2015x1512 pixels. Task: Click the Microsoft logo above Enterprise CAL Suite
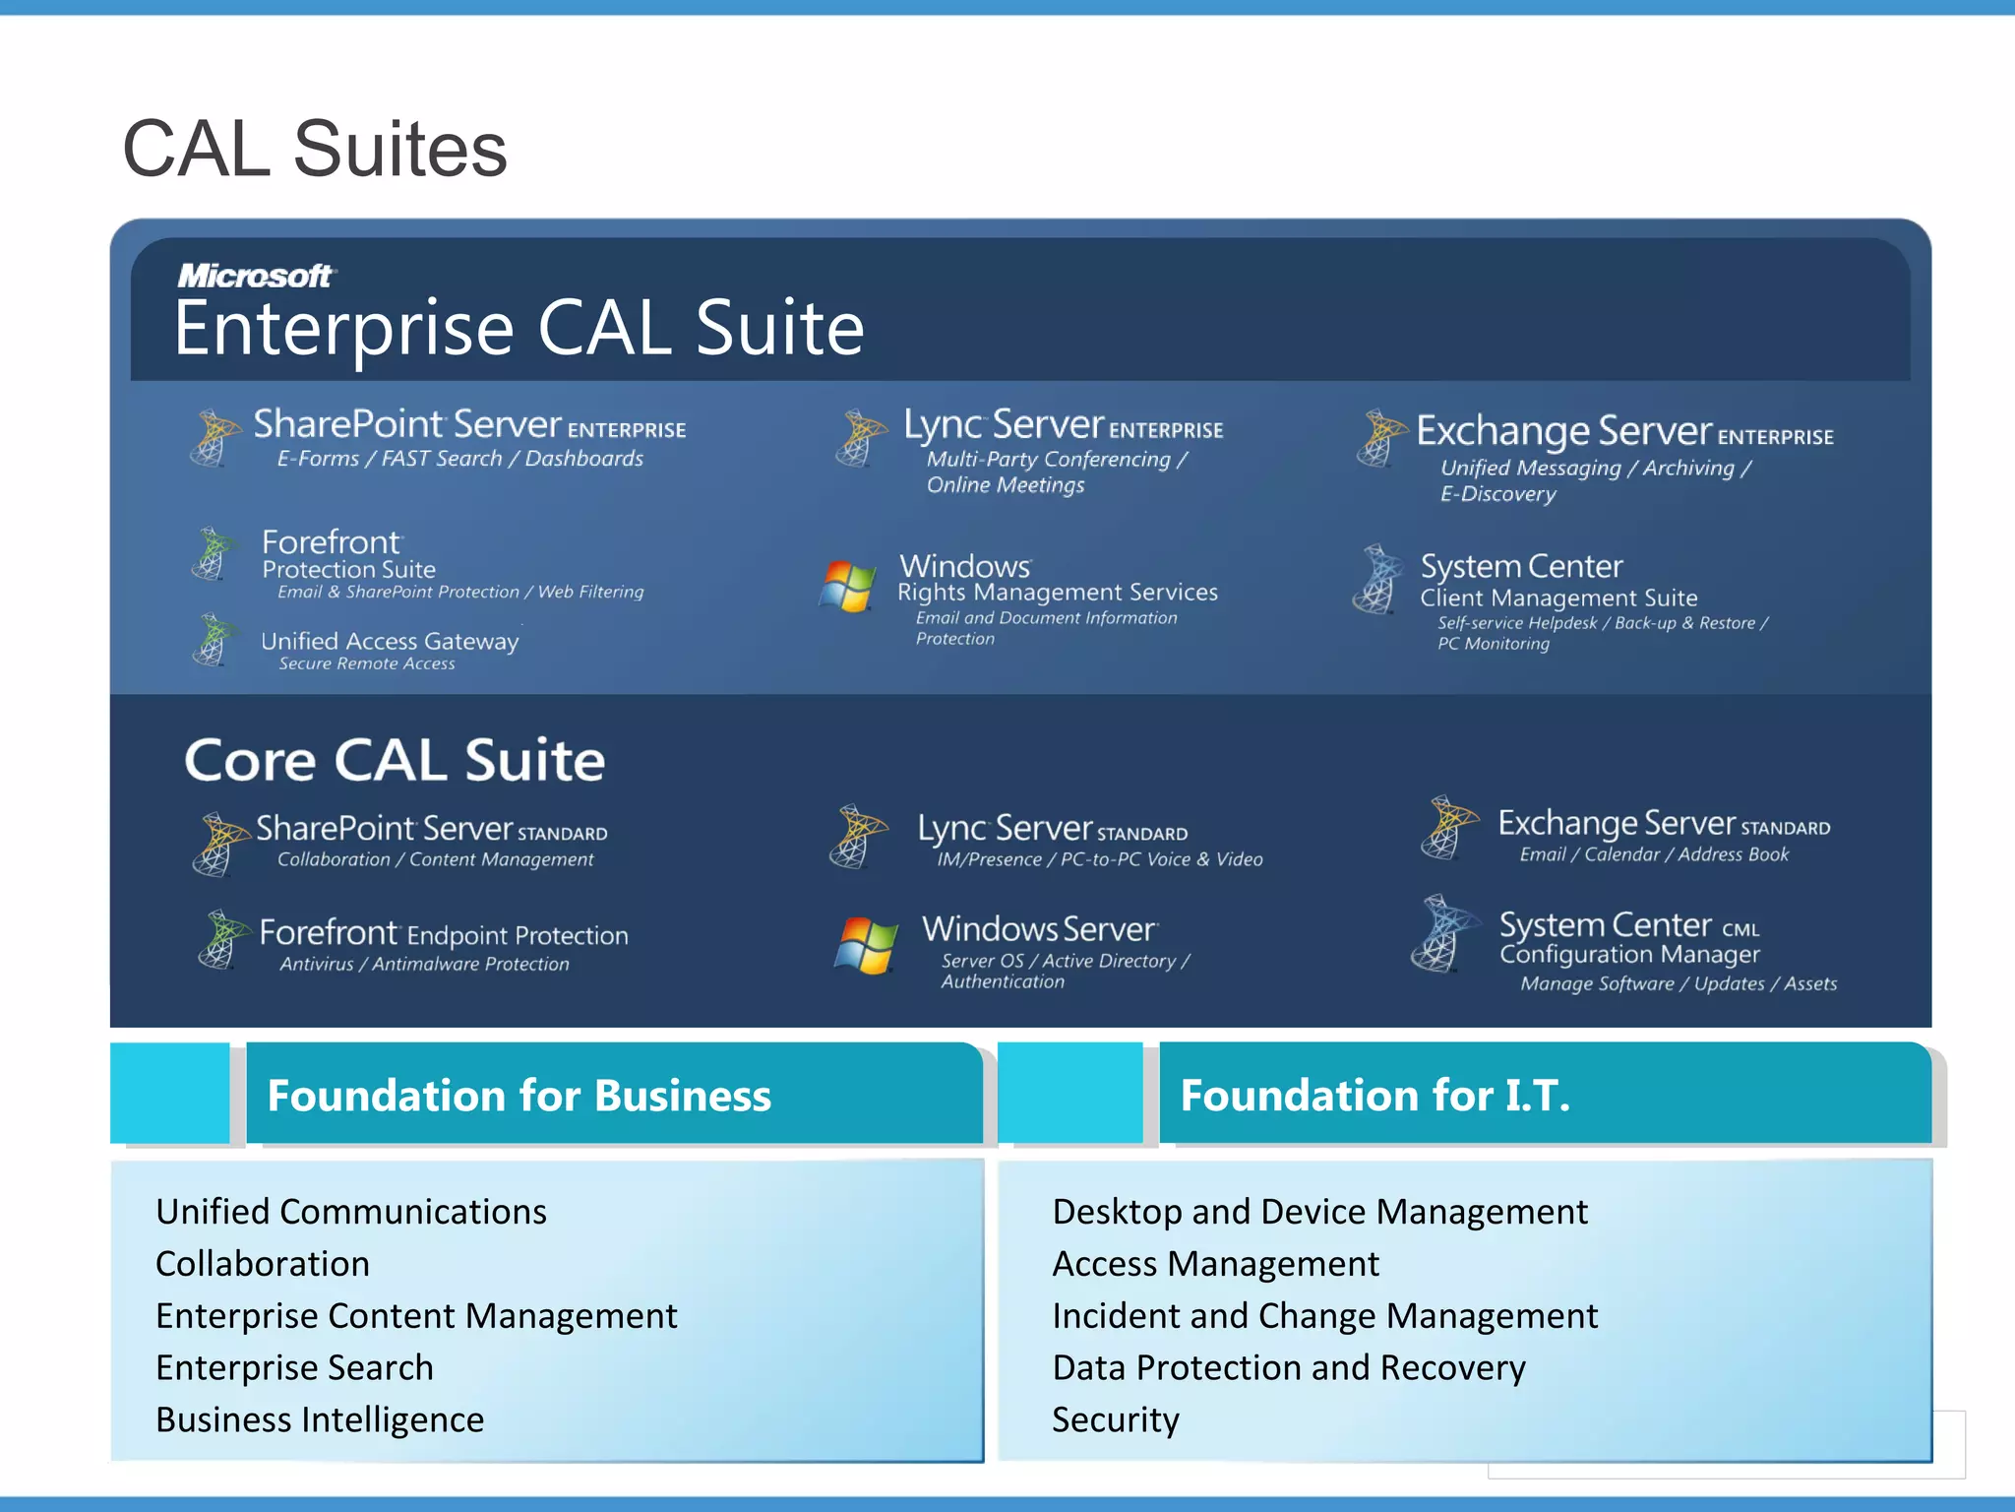[255, 276]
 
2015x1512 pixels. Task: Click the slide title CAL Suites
[314, 149]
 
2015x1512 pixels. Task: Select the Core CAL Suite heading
[395, 761]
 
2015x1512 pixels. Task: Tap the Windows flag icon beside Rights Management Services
[847, 586]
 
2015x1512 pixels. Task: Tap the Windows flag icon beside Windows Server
[866, 945]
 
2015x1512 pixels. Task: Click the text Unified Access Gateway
[390, 641]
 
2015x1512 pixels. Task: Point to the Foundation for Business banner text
[519, 1096]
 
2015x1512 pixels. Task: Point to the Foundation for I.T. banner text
[1374, 1096]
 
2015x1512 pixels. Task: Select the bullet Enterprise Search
[294, 1367]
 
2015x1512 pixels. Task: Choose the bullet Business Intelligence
[320, 1419]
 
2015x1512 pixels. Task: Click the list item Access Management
[1215, 1263]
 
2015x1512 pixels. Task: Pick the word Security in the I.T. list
[1115, 1419]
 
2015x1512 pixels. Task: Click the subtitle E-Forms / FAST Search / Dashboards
[459, 459]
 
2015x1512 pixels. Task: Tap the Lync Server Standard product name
[1052, 828]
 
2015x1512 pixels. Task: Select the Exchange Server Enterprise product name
[1624, 431]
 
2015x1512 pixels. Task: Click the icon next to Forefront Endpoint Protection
[220, 939]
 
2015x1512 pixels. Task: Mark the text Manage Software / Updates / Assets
[1679, 983]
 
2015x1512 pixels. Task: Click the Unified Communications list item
[351, 1211]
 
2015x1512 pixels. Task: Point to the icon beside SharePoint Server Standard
[218, 843]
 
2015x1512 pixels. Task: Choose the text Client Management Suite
[1558, 598]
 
